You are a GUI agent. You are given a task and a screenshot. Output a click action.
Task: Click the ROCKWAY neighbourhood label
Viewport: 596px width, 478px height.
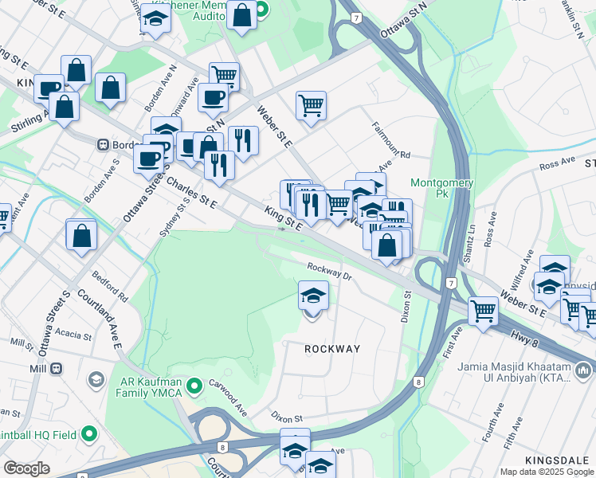point(331,349)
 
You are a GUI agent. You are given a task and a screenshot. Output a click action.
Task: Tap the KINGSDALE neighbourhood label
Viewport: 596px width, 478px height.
point(557,461)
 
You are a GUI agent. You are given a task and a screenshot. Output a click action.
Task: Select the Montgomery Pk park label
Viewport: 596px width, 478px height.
point(441,188)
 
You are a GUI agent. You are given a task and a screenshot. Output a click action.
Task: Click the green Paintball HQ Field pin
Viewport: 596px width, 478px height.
point(88,434)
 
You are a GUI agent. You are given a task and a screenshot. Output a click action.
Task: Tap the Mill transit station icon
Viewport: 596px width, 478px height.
point(57,369)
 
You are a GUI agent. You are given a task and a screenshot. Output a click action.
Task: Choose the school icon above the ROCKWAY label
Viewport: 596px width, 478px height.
point(313,296)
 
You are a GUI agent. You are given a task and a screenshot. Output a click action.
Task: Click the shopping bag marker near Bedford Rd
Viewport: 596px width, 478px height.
point(81,237)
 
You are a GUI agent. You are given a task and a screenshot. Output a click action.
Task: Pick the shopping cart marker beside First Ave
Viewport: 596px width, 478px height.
point(483,311)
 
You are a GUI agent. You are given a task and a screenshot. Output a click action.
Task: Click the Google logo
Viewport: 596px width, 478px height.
point(26,468)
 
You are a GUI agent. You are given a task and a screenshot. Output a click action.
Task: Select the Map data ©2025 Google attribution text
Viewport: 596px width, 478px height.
point(547,472)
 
